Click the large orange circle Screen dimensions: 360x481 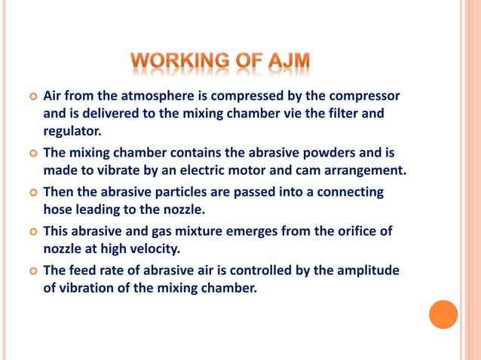[443, 314]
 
